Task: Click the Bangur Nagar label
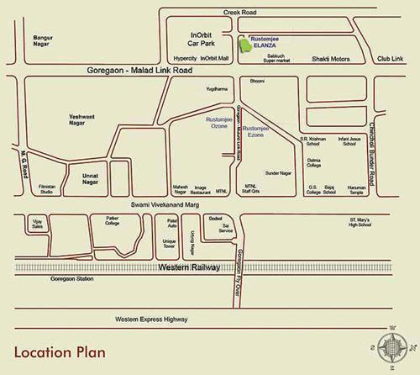[x=44, y=41]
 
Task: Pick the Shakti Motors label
[x=333, y=60]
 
